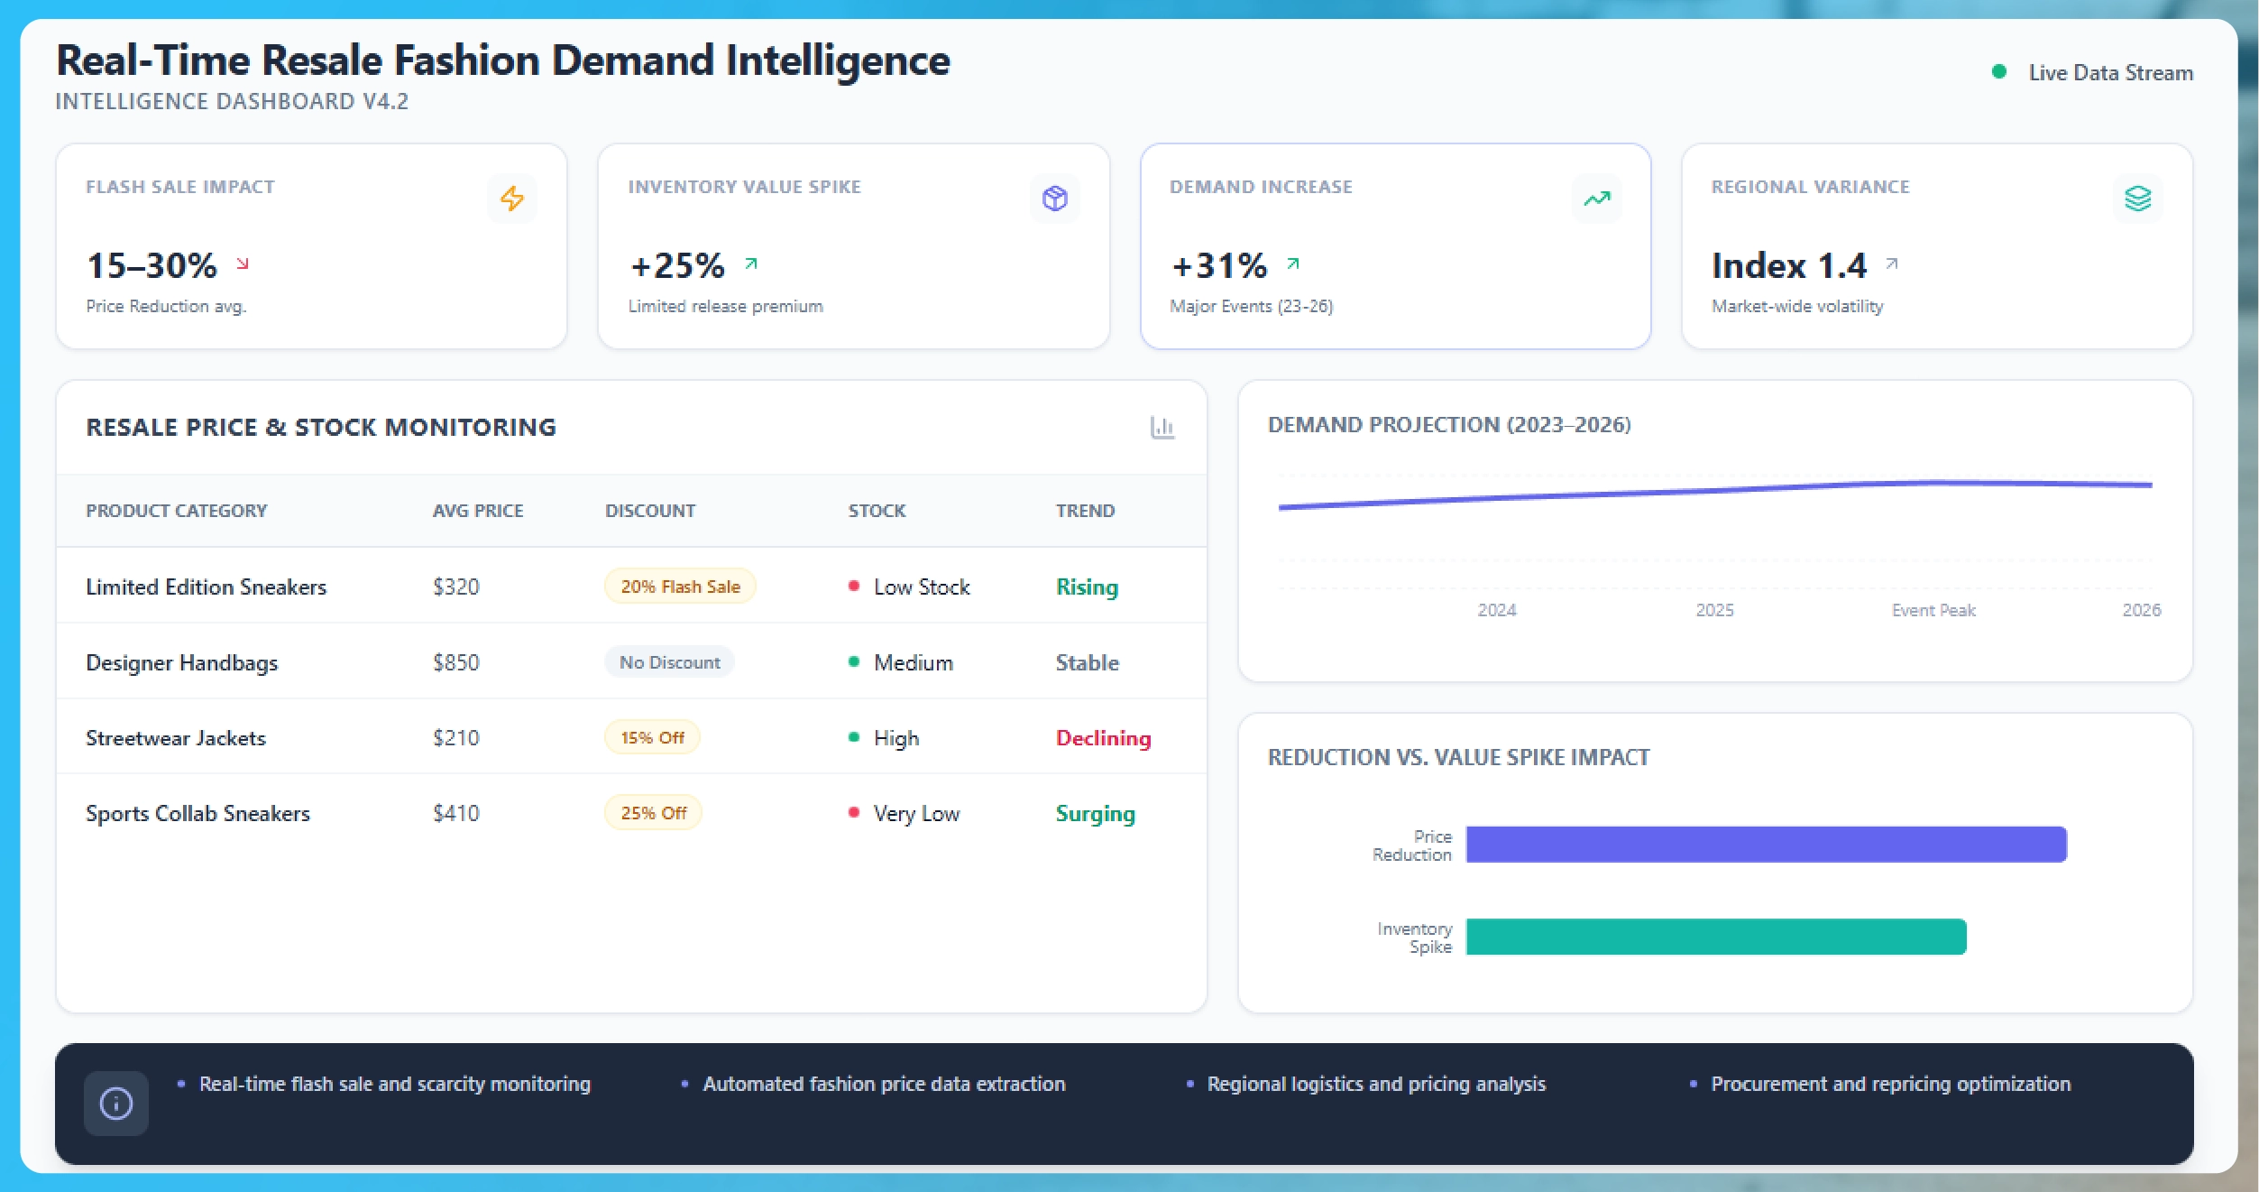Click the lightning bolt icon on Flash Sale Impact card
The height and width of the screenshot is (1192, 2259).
click(512, 199)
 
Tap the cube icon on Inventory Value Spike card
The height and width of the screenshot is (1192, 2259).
click(1054, 199)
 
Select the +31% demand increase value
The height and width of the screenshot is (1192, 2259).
click(1219, 265)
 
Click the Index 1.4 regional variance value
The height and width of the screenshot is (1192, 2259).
click(1789, 265)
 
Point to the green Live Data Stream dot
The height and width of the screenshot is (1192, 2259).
click(1998, 72)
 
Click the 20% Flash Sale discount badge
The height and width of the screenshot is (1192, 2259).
click(680, 587)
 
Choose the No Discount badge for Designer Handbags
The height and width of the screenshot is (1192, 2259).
click(669, 662)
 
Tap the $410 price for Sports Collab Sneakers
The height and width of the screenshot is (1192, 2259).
click(455, 813)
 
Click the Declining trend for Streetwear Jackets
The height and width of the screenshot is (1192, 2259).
click(1103, 738)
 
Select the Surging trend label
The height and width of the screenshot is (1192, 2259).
click(1095, 813)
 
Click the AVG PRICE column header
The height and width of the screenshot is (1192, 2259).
click(478, 511)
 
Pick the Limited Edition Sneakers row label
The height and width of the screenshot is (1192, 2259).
click(206, 587)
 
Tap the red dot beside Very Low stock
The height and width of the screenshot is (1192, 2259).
click(853, 812)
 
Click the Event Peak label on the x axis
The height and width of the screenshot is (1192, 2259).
click(1933, 610)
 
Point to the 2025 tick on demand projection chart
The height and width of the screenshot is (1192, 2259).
click(1714, 610)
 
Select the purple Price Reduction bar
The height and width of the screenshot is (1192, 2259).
click(1765, 845)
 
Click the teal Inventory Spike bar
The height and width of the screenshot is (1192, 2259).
click(1715, 937)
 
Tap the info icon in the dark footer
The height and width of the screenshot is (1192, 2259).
click(116, 1103)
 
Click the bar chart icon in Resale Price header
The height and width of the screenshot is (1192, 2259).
click(1162, 427)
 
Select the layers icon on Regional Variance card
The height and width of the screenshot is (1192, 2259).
click(2137, 199)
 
